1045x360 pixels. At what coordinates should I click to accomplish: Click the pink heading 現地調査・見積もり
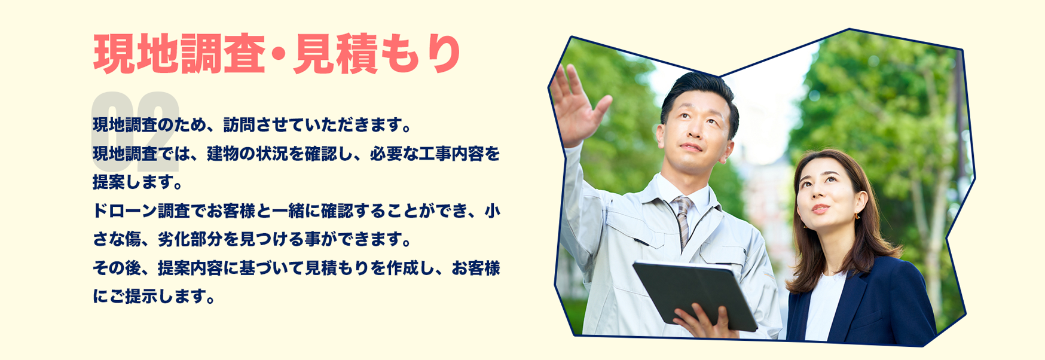[276, 54]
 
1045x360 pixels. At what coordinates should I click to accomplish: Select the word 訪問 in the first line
[239, 126]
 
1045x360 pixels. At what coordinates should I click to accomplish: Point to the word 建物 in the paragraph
[223, 154]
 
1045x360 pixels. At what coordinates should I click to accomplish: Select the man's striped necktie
[683, 221]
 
